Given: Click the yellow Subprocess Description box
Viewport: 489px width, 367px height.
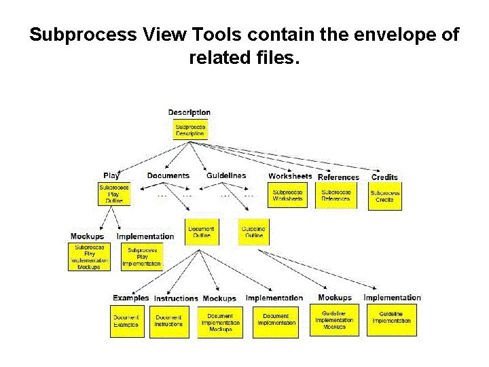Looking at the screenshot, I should point(190,130).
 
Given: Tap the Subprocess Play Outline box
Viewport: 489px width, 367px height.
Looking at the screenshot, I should point(114,194).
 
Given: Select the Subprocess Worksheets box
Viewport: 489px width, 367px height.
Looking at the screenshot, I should point(288,195).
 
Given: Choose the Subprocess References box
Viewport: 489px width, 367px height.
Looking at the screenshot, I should point(336,195).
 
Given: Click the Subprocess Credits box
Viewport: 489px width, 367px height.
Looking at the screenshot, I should point(385,196).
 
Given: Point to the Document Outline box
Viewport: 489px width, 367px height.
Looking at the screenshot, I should point(201,232).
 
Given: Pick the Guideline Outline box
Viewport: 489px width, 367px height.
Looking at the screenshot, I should point(254,232).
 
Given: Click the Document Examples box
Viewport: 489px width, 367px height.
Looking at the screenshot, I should point(127,321).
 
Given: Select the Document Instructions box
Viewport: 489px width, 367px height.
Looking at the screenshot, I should point(168,321).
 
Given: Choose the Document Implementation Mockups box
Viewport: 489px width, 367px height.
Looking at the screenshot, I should point(220,322).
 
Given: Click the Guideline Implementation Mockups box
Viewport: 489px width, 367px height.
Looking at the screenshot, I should point(334,319).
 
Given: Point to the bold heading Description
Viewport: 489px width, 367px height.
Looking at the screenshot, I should point(189,112).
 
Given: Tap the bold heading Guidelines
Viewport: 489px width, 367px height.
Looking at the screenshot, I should point(226,175).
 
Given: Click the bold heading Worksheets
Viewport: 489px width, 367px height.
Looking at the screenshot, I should point(290,176).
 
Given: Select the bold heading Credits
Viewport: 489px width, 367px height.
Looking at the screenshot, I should point(384,177).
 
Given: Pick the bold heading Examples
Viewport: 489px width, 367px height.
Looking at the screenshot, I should point(130,298).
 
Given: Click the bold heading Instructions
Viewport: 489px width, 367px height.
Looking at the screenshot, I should point(176,298).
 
